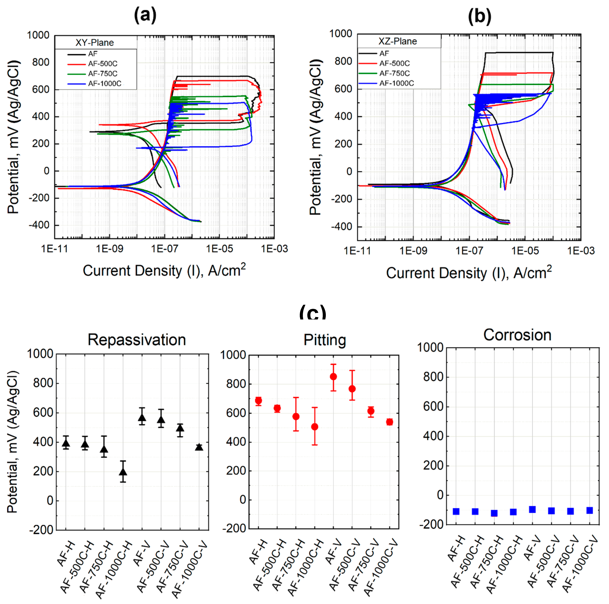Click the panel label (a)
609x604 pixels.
pos(145,15)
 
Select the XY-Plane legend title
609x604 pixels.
pos(95,43)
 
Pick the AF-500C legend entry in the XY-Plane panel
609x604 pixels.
pos(102,64)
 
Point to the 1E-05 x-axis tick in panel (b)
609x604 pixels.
pos(525,251)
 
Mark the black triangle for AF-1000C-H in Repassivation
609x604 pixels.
pos(123,472)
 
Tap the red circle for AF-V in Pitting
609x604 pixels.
pos(333,377)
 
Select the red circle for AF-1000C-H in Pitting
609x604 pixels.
pos(315,427)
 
